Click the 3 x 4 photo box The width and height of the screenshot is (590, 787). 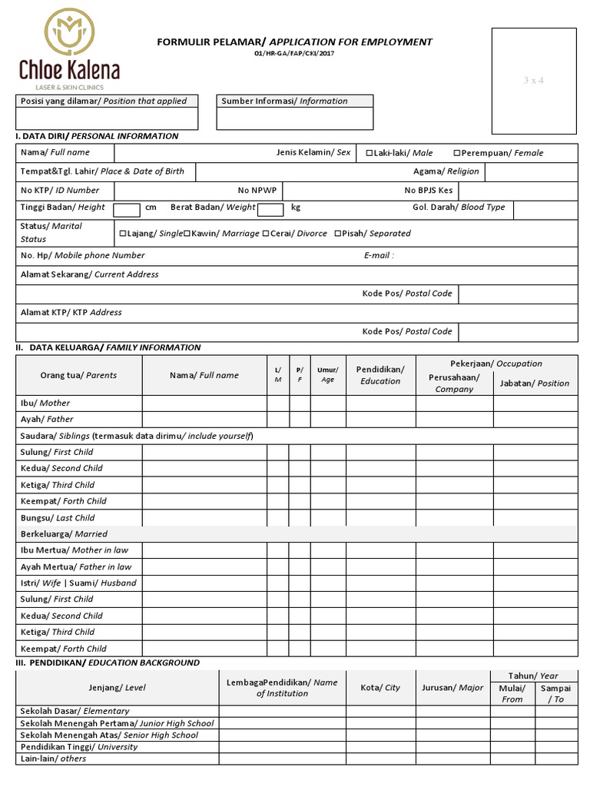[533, 81]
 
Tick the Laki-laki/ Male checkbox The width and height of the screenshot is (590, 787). [370, 153]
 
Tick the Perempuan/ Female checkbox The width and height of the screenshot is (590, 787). [457, 153]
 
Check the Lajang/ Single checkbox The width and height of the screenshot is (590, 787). [122, 234]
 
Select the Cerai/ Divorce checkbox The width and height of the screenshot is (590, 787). [266, 234]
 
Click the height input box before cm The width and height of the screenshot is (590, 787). [126, 210]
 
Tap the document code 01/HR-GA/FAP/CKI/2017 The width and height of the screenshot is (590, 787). [294, 54]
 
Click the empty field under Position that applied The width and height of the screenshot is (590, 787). [107, 118]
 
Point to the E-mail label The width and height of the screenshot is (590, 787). [379, 255]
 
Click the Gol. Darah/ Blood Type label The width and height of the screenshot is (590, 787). [459, 208]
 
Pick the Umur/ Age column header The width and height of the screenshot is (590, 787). [328, 375]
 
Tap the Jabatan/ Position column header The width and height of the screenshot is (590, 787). [535, 383]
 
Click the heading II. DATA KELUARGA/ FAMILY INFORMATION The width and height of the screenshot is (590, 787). [108, 347]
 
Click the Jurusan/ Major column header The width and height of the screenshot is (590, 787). [452, 688]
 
